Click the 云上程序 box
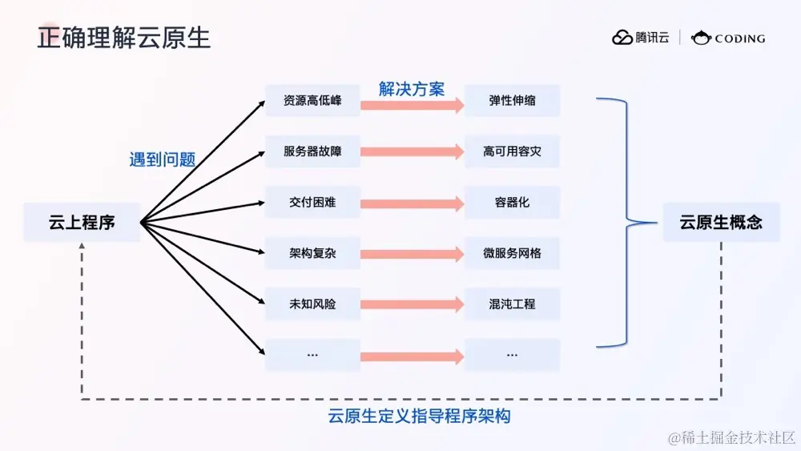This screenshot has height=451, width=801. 82,223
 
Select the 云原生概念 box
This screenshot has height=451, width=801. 721,223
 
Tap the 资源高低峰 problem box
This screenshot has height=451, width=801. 312,101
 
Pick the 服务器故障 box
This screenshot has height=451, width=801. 312,151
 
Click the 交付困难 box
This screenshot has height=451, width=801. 312,203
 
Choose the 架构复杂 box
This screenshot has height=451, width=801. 312,253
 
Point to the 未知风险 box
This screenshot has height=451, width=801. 312,304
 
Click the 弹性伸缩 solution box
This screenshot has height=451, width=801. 513,101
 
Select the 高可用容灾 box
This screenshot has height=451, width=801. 513,151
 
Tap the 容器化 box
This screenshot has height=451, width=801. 513,203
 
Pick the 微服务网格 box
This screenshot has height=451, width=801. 513,253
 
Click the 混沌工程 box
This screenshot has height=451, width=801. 513,304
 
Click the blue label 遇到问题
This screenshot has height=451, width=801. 163,159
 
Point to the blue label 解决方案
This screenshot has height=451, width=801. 412,88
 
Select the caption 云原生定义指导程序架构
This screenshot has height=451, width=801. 420,417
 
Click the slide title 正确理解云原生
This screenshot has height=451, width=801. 124,38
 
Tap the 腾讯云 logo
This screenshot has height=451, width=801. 641,38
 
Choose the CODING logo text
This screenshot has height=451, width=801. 729,38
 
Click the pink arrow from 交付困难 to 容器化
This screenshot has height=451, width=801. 412,203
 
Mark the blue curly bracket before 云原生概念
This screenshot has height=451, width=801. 625,223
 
